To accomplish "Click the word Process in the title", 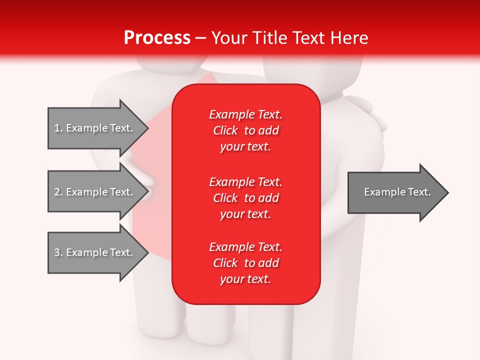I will [x=157, y=38].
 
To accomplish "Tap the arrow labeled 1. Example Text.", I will [x=93, y=128].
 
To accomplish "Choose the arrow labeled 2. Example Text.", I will [x=93, y=192].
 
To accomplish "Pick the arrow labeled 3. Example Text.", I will [x=93, y=252].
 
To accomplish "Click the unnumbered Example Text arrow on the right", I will [x=397, y=192].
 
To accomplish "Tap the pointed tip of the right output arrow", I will [x=447, y=192].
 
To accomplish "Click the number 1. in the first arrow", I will [x=58, y=128].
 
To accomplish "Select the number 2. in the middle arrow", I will [x=58, y=192].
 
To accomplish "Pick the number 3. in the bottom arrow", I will [x=58, y=252].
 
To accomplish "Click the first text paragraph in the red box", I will [x=245, y=130].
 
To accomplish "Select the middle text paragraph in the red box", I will [x=245, y=197].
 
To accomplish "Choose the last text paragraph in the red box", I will [x=245, y=263].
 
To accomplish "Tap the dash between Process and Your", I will [x=201, y=38].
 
